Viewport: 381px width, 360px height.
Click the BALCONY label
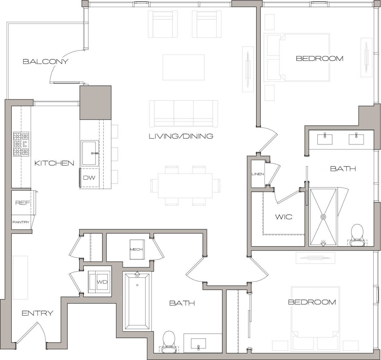(46, 61)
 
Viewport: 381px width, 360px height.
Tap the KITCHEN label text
(54, 163)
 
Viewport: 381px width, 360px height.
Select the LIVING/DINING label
(181, 136)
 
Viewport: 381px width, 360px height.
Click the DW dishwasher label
(89, 178)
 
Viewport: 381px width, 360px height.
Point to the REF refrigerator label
(23, 203)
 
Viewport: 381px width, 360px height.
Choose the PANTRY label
(21, 222)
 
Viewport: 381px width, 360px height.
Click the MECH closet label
(136, 249)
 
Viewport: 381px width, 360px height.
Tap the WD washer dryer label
(102, 282)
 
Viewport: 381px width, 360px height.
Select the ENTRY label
(38, 313)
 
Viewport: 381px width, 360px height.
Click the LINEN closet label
(258, 174)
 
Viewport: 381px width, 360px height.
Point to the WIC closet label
(284, 217)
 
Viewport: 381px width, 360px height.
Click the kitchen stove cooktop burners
(21, 144)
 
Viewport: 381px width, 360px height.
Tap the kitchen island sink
(90, 153)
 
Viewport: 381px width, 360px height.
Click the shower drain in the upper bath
(323, 217)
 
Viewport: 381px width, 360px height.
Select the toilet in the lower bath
(169, 341)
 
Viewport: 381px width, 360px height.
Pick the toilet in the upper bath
(357, 234)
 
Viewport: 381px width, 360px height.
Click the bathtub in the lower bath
(137, 302)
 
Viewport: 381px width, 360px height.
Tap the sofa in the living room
(183, 113)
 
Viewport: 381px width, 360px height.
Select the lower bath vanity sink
(198, 343)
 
